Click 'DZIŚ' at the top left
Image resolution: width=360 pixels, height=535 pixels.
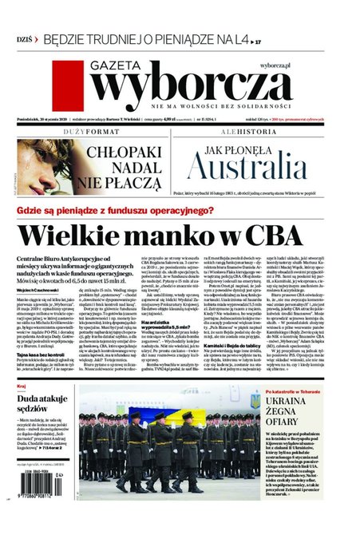tap(25, 39)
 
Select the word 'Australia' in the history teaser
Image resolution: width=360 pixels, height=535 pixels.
tap(252, 166)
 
